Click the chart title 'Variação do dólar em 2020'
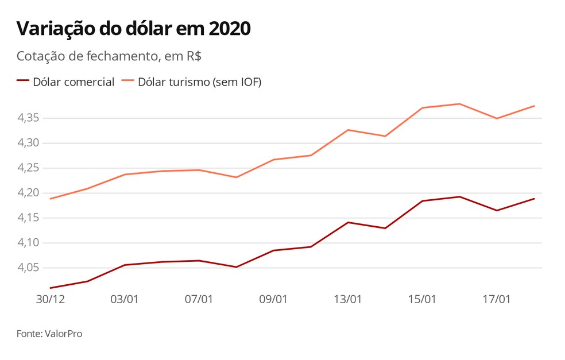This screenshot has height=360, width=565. tap(133, 29)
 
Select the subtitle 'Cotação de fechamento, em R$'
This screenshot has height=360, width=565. tap(109, 57)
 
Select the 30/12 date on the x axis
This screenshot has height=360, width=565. tap(50, 300)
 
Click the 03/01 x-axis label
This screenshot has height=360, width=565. tap(124, 300)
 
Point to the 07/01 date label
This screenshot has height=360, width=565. tap(199, 300)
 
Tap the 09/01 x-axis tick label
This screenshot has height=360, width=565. tap(273, 300)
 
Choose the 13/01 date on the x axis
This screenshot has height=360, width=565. tap(348, 300)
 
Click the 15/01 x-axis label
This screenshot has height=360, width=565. tap(422, 300)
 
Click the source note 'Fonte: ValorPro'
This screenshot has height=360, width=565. tap(49, 334)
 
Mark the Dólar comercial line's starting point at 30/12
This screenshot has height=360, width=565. tap(51, 288)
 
